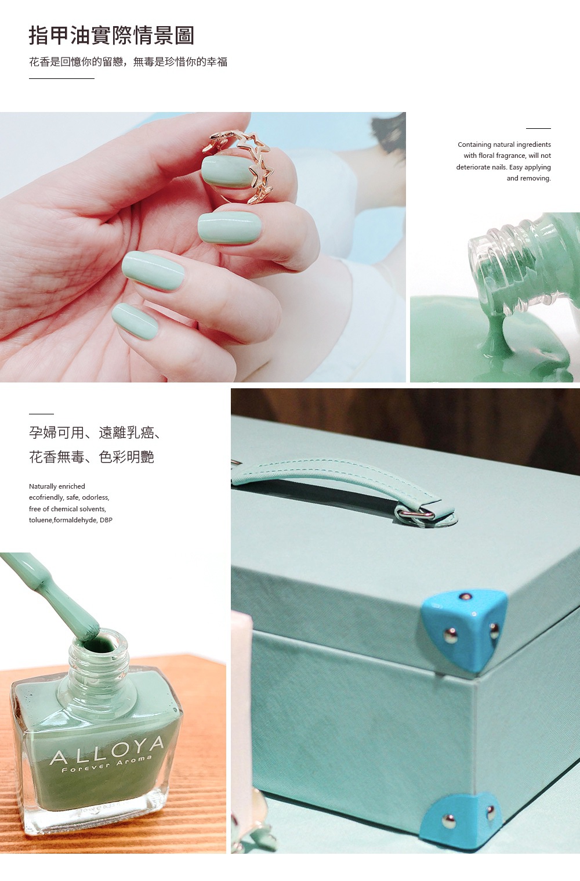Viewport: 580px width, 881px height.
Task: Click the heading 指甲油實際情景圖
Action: click(x=111, y=35)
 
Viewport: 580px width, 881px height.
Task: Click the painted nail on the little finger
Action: click(x=135, y=320)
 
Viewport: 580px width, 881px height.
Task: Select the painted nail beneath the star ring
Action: click(x=227, y=171)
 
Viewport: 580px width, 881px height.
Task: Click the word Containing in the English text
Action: click(x=474, y=145)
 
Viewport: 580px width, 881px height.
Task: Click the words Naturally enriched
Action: click(x=57, y=486)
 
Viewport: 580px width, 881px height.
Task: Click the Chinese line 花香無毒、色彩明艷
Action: click(x=92, y=457)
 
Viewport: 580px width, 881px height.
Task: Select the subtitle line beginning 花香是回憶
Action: click(x=128, y=62)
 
